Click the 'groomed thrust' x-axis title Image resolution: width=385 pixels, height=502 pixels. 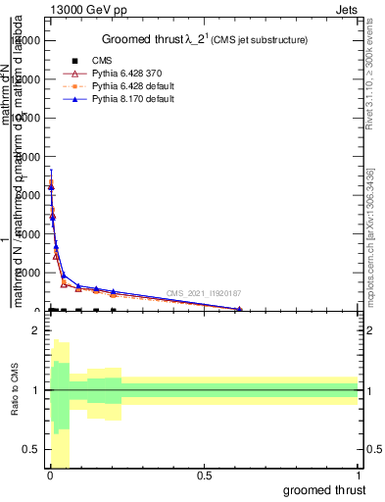(327, 489)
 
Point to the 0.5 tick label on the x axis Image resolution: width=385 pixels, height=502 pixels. (204, 474)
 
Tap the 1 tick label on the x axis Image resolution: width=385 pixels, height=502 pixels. (358, 474)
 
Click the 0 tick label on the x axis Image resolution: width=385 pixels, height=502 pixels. (50, 474)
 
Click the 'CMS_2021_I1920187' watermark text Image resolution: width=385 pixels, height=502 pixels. (204, 293)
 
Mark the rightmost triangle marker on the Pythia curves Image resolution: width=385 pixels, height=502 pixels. (239, 309)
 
